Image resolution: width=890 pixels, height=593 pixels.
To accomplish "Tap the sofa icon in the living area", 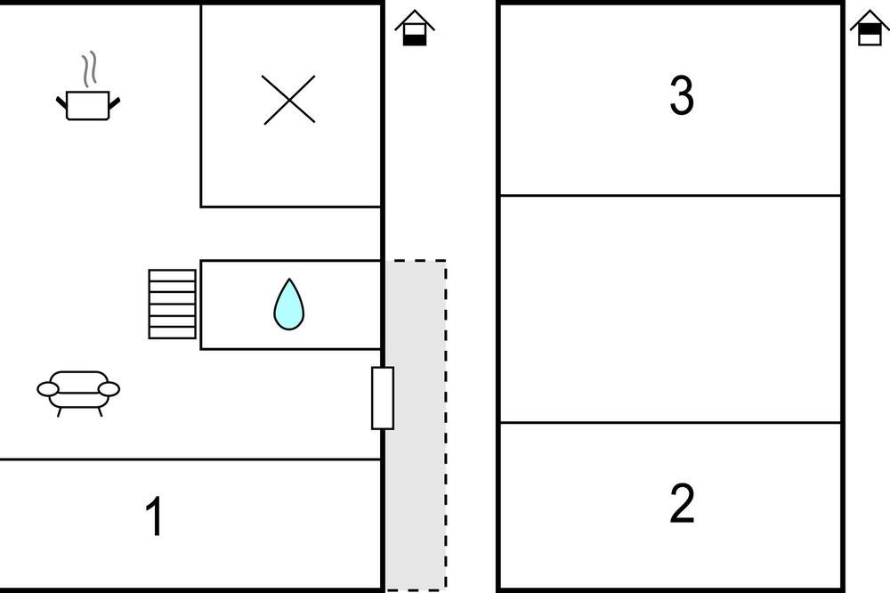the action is coord(78,393).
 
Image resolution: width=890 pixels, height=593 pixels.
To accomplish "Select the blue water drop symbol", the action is coord(289,305).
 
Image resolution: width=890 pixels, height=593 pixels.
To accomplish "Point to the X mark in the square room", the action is coord(289,100).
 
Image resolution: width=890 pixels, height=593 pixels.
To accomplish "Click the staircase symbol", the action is coord(173,304).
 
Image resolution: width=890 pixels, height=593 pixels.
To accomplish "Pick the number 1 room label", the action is coord(154,516).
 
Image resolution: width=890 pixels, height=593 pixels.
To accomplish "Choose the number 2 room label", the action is coord(682,503).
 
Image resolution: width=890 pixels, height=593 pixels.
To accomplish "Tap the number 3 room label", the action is coord(682,95).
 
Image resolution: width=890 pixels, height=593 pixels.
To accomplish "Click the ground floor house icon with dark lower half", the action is coord(415,28).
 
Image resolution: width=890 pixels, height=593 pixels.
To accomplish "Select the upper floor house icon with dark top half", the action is coord(869,28).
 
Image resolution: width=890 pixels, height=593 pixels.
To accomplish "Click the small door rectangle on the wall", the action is coord(383,398).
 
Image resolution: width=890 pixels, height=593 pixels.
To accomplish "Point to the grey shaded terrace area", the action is coord(416,425).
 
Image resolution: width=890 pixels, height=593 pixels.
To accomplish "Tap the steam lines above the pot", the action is coord(88,69).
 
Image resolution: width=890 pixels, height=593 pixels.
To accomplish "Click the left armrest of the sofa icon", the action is coord(48,389).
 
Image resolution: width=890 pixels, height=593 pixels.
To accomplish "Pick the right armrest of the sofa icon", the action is coord(109,389).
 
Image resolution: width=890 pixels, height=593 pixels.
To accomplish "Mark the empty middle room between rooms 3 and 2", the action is coord(670,309).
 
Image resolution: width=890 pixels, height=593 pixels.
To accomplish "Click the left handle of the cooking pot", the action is coord(61,102).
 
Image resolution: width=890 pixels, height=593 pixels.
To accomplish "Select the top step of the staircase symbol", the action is coord(173,275).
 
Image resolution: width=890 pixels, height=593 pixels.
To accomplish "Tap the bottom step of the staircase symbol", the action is coord(173,333).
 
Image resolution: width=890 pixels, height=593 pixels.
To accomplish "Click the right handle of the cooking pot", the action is coord(115,102).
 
